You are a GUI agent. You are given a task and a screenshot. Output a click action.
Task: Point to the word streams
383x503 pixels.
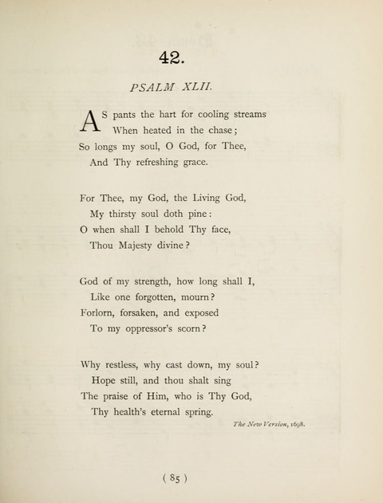[x=247, y=114]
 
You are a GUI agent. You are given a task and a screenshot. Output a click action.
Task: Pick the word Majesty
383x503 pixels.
[x=145, y=247]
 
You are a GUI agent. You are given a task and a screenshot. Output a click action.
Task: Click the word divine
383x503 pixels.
[x=195, y=247]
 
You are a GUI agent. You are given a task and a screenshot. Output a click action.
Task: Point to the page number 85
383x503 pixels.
[x=173, y=478]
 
